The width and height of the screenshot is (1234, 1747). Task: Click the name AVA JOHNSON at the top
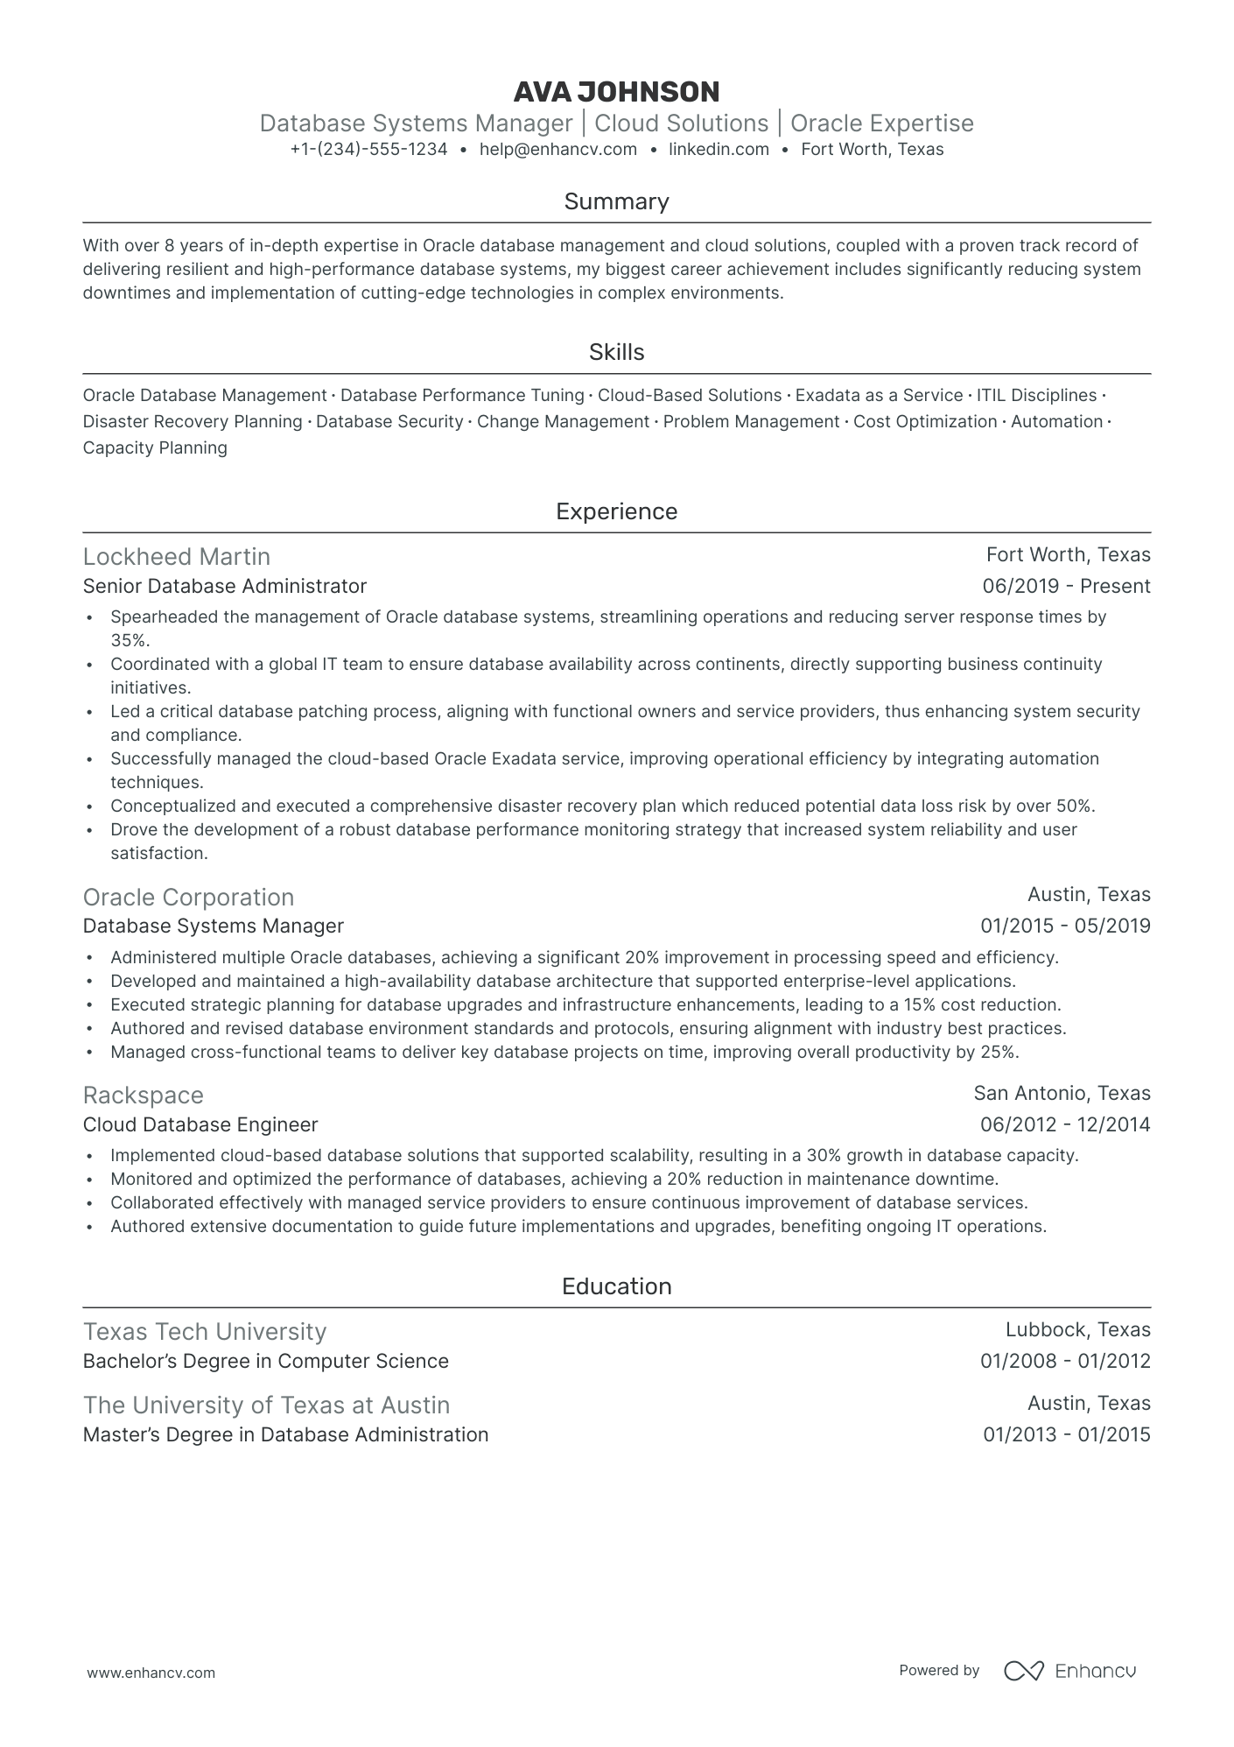616,92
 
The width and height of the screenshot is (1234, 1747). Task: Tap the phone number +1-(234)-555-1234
368,150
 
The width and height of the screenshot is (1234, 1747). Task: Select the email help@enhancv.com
557,150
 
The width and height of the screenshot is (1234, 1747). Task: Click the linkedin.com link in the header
719,150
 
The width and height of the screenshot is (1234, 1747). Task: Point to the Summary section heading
616,202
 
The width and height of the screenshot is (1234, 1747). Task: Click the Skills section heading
616,353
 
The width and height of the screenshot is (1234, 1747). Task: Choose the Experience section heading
616,512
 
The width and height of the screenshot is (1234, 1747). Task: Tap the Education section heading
616,1286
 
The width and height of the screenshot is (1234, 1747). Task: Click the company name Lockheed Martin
177,557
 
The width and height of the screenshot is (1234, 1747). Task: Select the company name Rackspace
144,1095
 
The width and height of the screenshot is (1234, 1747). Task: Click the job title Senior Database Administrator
225,586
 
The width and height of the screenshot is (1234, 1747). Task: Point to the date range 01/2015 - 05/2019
1065,926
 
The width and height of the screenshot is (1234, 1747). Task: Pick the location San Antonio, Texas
1062,1094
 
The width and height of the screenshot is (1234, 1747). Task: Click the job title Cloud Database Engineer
200,1124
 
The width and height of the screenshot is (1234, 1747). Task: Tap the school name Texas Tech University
205,1332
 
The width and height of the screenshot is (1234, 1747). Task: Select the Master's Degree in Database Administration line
285,1435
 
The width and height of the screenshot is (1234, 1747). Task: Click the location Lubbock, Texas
1077,1330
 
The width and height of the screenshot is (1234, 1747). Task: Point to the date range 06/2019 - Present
1066,587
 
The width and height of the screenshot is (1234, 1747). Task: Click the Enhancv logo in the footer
1069,1671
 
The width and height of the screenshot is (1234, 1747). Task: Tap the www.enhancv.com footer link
151,1673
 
